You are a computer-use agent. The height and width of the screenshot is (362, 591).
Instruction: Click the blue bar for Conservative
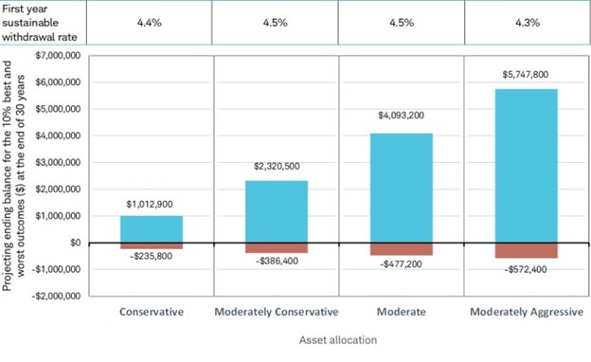(152, 228)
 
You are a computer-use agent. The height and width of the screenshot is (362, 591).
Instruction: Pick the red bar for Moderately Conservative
(276, 247)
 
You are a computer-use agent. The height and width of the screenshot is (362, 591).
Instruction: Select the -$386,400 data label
(276, 260)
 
